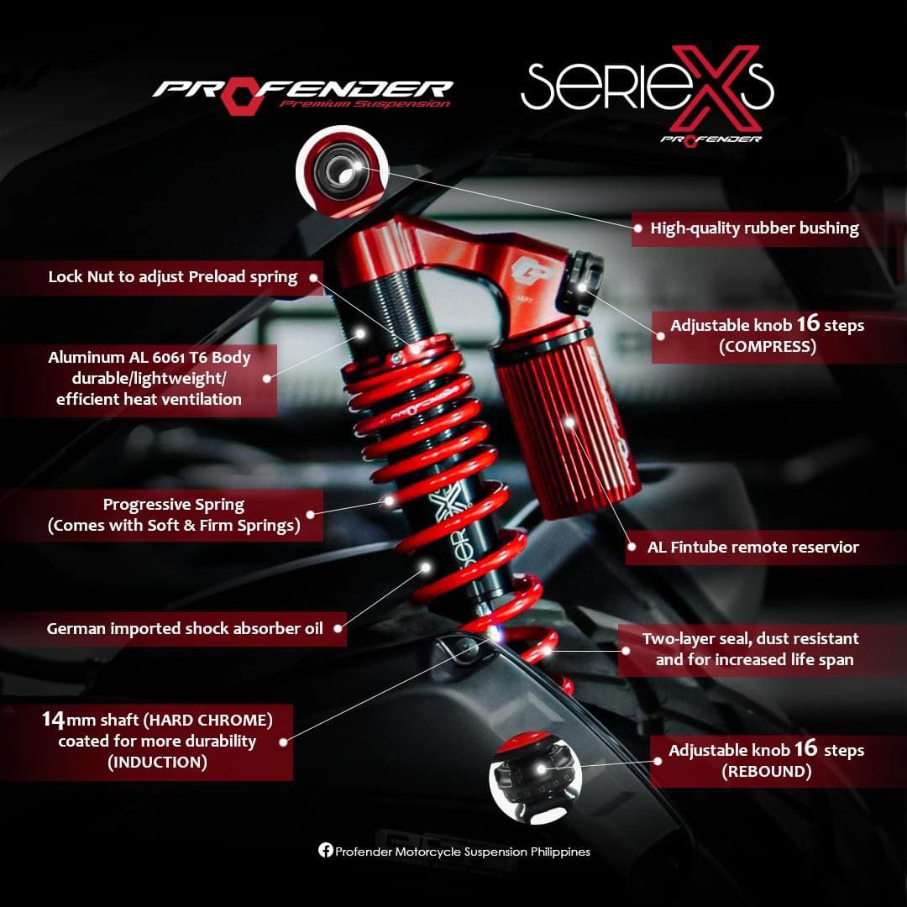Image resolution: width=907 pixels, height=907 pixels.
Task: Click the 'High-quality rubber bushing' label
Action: click(754, 228)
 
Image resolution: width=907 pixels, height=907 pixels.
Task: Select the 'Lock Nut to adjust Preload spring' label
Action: click(173, 277)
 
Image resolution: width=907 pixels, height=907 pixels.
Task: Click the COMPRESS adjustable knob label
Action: click(767, 335)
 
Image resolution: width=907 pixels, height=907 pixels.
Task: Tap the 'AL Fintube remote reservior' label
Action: click(752, 547)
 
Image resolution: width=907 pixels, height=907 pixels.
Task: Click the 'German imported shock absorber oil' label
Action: click(185, 628)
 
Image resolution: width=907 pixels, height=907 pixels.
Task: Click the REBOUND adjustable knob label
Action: click(766, 760)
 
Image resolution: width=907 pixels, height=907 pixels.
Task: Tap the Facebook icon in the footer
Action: click(326, 851)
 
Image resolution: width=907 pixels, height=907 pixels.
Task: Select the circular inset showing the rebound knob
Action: click(529, 779)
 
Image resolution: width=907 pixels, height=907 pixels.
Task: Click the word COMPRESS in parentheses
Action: click(767, 347)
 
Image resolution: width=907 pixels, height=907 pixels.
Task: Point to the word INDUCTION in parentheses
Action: click(156, 763)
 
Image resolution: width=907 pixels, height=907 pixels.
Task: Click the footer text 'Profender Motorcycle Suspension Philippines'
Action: click(463, 852)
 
